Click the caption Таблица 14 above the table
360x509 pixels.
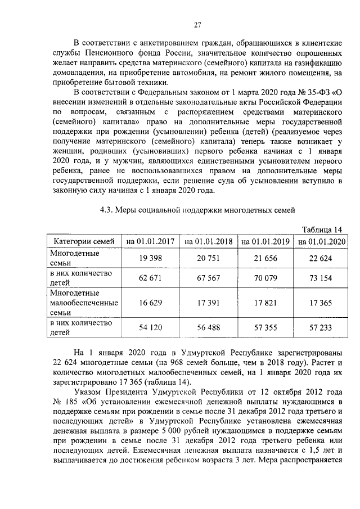[x=321, y=229]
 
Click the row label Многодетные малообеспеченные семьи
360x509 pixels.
[x=83, y=303]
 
